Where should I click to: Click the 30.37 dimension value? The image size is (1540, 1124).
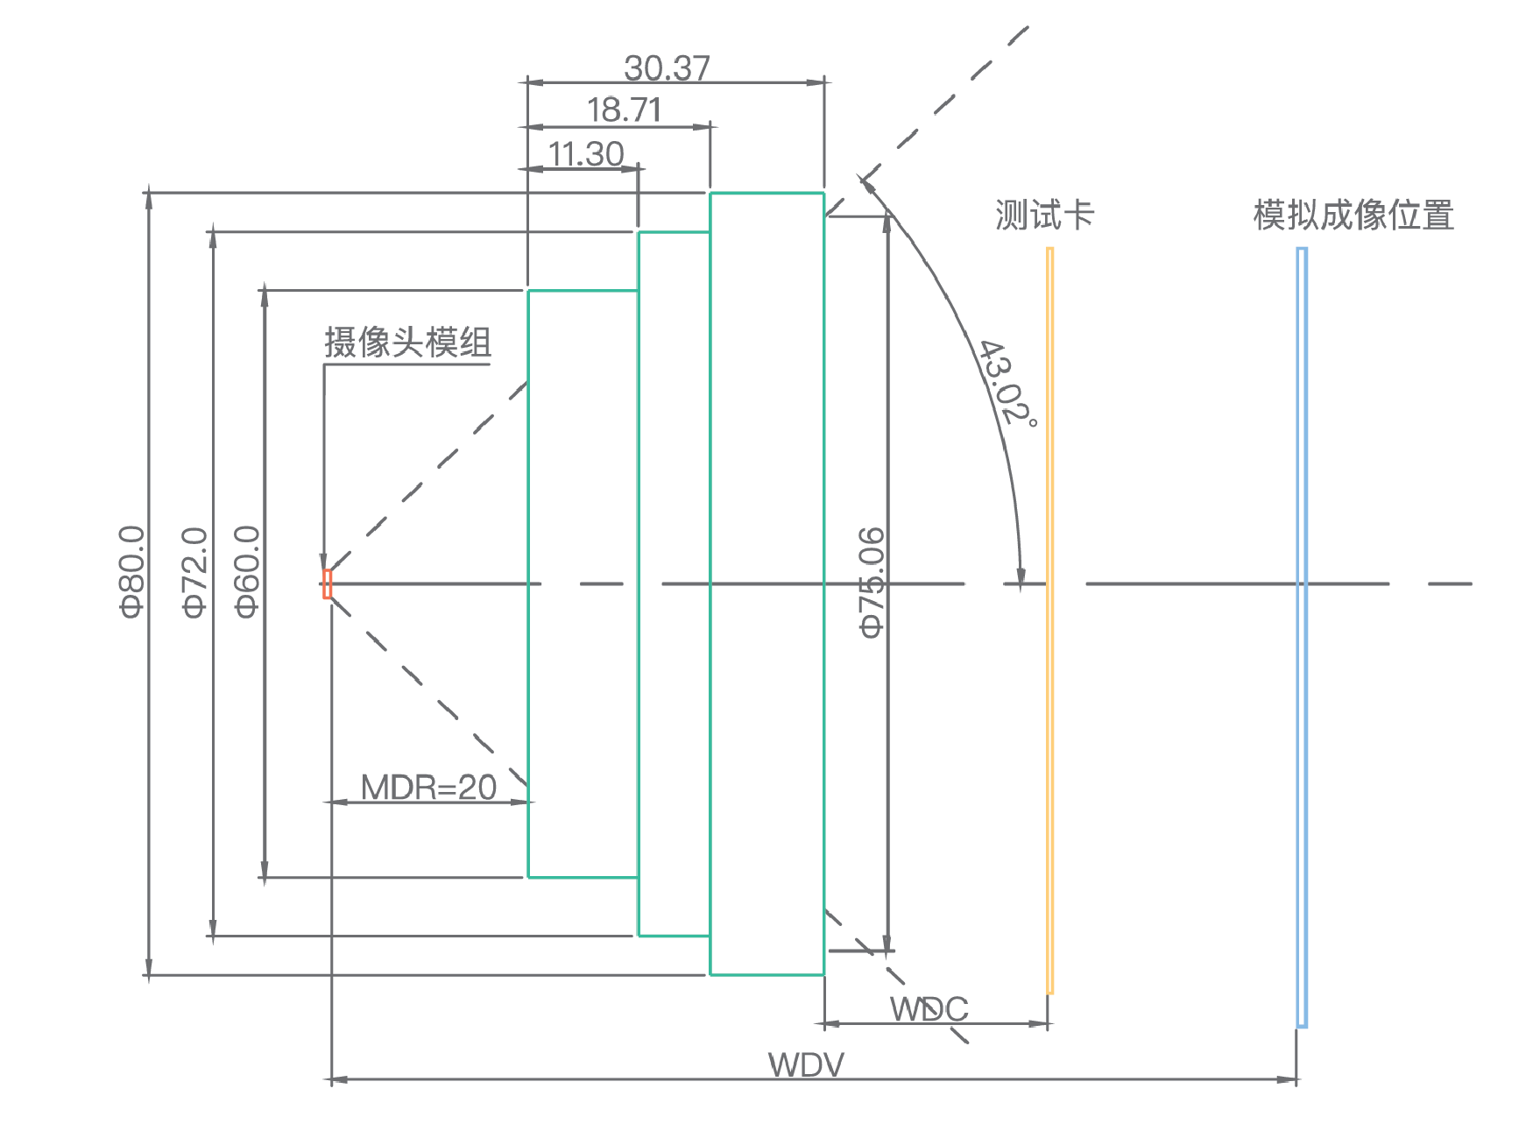click(x=667, y=67)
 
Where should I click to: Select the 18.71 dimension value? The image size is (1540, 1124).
click(x=624, y=110)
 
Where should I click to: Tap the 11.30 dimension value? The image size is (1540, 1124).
click(x=585, y=154)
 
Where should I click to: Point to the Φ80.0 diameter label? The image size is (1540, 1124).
click(x=131, y=571)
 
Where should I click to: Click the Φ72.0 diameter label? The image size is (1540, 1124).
click(x=194, y=572)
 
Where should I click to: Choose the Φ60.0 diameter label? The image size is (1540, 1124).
click(x=248, y=571)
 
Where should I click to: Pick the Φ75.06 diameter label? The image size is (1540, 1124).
click(x=872, y=582)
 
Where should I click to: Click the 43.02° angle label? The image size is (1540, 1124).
click(x=1008, y=383)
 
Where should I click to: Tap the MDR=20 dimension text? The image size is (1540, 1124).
click(x=428, y=788)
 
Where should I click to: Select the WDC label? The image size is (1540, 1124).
click(x=929, y=1009)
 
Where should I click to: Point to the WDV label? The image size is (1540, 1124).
click(x=806, y=1065)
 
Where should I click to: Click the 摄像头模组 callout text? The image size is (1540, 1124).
click(x=407, y=343)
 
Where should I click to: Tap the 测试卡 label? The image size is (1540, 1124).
click(x=1044, y=216)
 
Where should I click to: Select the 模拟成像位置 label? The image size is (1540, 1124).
click(x=1353, y=216)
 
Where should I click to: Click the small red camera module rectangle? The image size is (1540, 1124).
click(x=328, y=583)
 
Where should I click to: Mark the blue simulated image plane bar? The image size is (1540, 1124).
click(x=1302, y=637)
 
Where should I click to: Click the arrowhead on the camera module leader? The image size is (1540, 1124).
click(x=324, y=562)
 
